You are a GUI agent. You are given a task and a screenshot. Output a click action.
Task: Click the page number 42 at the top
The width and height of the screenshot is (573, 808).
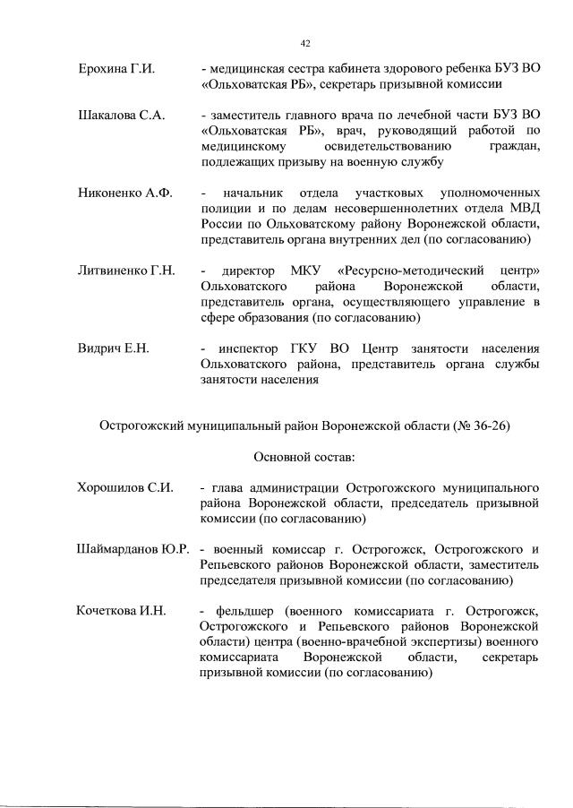[x=304, y=43]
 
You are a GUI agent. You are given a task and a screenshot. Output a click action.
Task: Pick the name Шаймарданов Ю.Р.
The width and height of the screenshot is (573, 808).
[x=133, y=548]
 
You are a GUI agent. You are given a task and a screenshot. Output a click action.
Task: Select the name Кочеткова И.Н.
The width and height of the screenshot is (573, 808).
[x=123, y=611]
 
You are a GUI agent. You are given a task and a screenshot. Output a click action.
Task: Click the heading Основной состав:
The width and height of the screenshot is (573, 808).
[x=304, y=457]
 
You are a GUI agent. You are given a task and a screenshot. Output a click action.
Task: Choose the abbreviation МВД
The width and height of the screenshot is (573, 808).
[x=524, y=209]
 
